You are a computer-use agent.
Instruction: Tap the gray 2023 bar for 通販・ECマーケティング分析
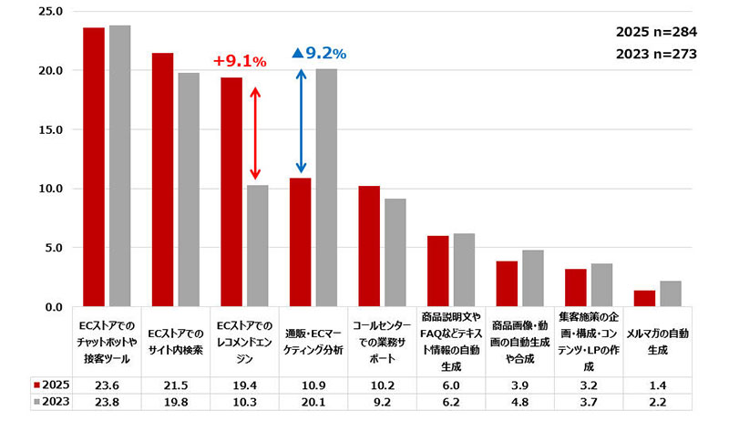click(x=326, y=188)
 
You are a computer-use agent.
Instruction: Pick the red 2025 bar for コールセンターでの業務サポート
click(x=369, y=246)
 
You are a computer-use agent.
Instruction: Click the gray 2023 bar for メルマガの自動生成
click(x=671, y=293)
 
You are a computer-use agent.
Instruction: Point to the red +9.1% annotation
click(x=240, y=62)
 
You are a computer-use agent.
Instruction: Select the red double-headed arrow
click(x=256, y=133)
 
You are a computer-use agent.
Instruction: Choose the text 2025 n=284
click(x=656, y=32)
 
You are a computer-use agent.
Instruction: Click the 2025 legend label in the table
click(x=50, y=384)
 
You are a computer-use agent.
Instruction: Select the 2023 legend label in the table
click(x=50, y=402)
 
